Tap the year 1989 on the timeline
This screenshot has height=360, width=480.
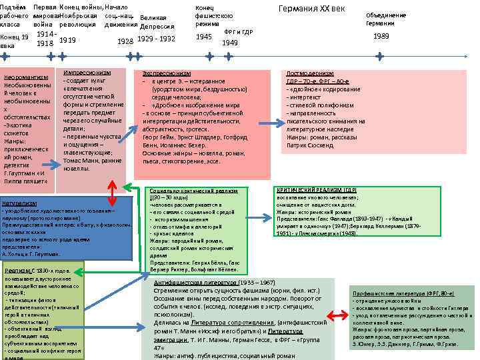381,37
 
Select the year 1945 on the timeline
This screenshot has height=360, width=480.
205,37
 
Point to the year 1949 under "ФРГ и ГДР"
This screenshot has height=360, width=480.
229,43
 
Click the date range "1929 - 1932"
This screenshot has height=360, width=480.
155,39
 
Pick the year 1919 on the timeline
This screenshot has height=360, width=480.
67,39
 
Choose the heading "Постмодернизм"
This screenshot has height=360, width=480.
310,73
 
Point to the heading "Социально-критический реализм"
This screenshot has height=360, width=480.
193,191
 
